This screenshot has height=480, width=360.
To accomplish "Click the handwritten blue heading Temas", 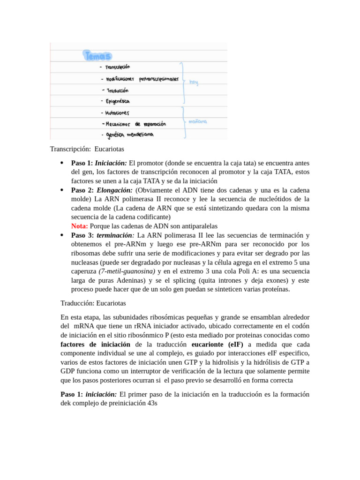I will (97, 56).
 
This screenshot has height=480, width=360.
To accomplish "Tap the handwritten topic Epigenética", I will (118, 101).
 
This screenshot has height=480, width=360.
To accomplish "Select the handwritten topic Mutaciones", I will (118, 113).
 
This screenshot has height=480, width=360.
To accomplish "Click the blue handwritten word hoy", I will (194, 82).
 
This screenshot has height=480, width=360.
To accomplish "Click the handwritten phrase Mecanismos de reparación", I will (136, 124).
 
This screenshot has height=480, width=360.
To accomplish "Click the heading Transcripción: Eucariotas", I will (87, 149).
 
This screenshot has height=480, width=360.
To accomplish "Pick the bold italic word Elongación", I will (115, 190).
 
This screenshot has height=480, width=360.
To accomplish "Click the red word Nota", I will (79, 226).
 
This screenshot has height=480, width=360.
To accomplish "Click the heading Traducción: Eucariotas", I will (93, 303).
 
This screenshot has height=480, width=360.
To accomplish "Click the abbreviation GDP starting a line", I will (68, 371).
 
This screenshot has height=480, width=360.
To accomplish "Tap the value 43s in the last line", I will (153, 403).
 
